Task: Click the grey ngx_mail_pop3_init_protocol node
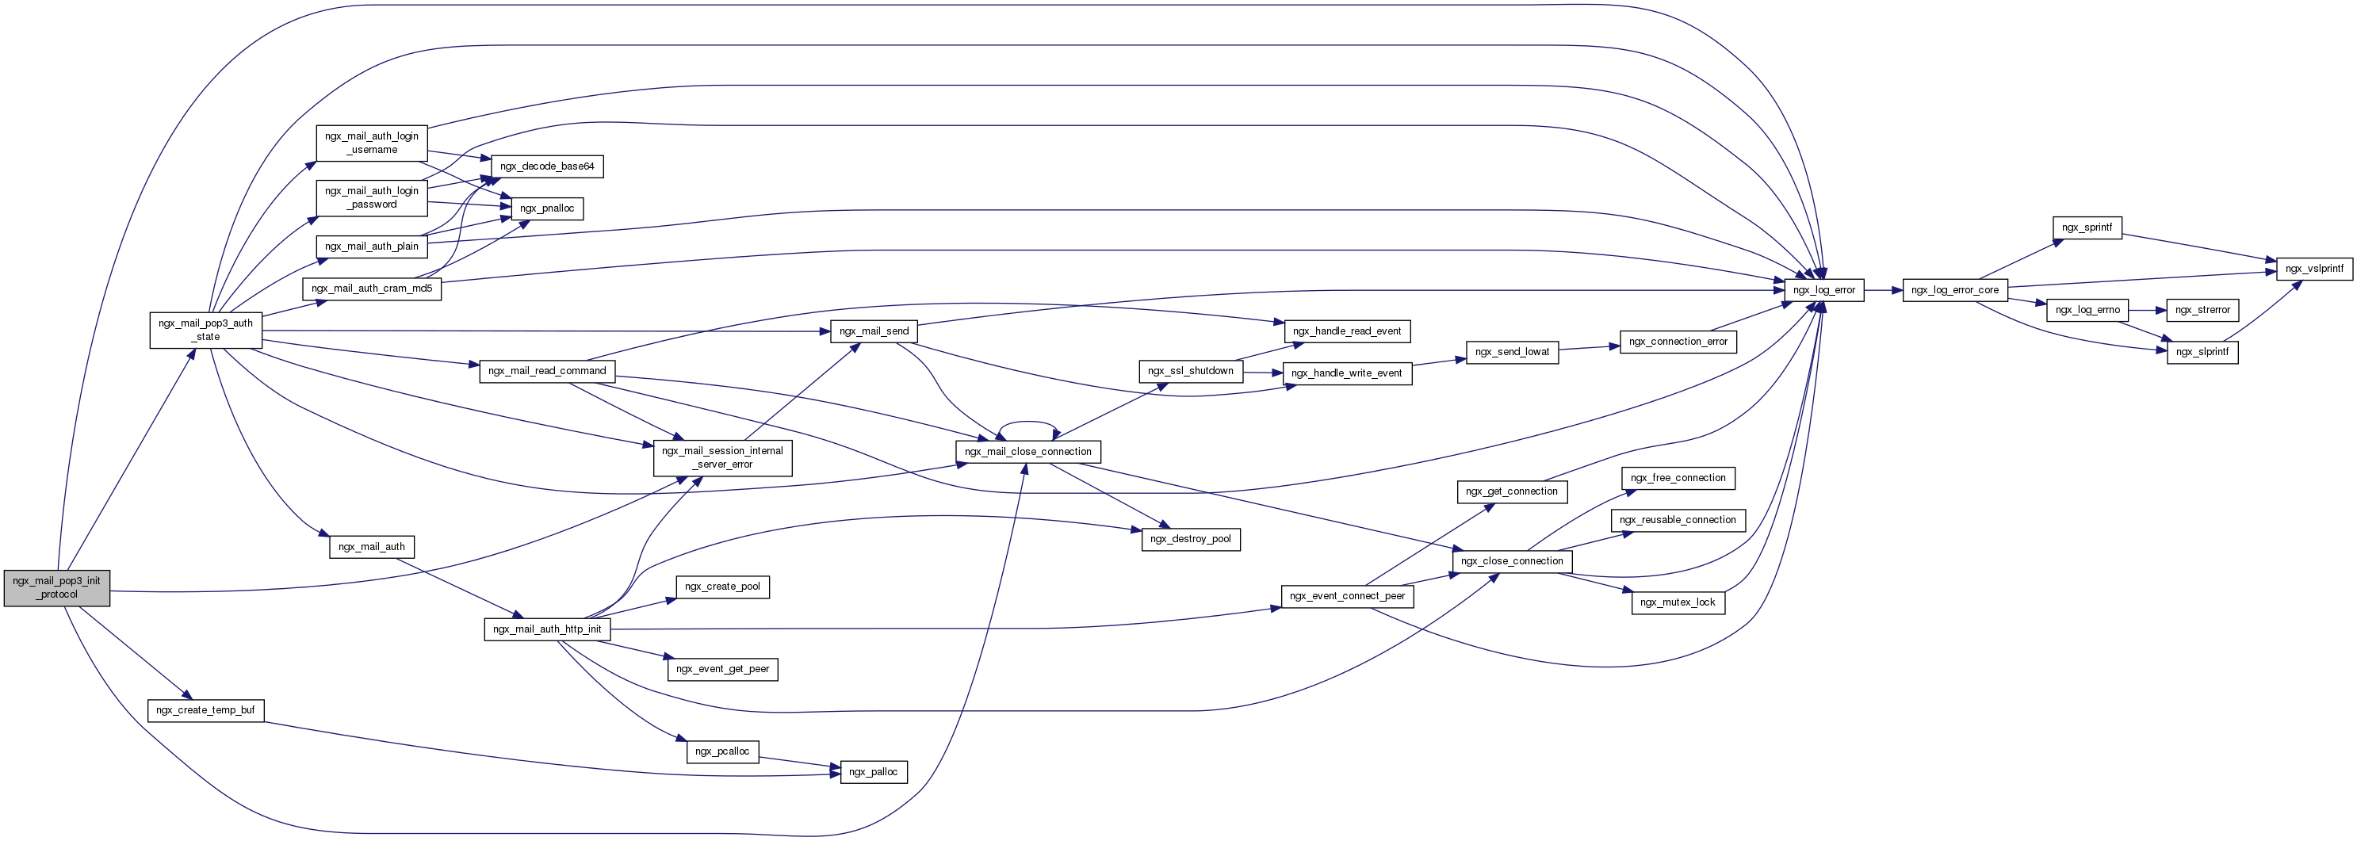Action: (57, 587)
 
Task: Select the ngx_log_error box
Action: (1823, 290)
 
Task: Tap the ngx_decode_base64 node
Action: (547, 166)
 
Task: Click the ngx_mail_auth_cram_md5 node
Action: (372, 289)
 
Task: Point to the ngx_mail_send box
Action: (874, 331)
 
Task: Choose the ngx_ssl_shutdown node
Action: (1191, 371)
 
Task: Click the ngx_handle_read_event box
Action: (1347, 331)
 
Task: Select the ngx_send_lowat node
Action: (1512, 351)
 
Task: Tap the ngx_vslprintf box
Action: (2314, 269)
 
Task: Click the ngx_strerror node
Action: (2202, 310)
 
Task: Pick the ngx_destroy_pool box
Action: (1191, 539)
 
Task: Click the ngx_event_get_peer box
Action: (722, 669)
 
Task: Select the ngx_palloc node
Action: (873, 772)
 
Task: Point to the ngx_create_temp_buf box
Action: (206, 710)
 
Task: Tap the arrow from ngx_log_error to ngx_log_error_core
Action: (1883, 290)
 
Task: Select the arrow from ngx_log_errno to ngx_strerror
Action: (2148, 310)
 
